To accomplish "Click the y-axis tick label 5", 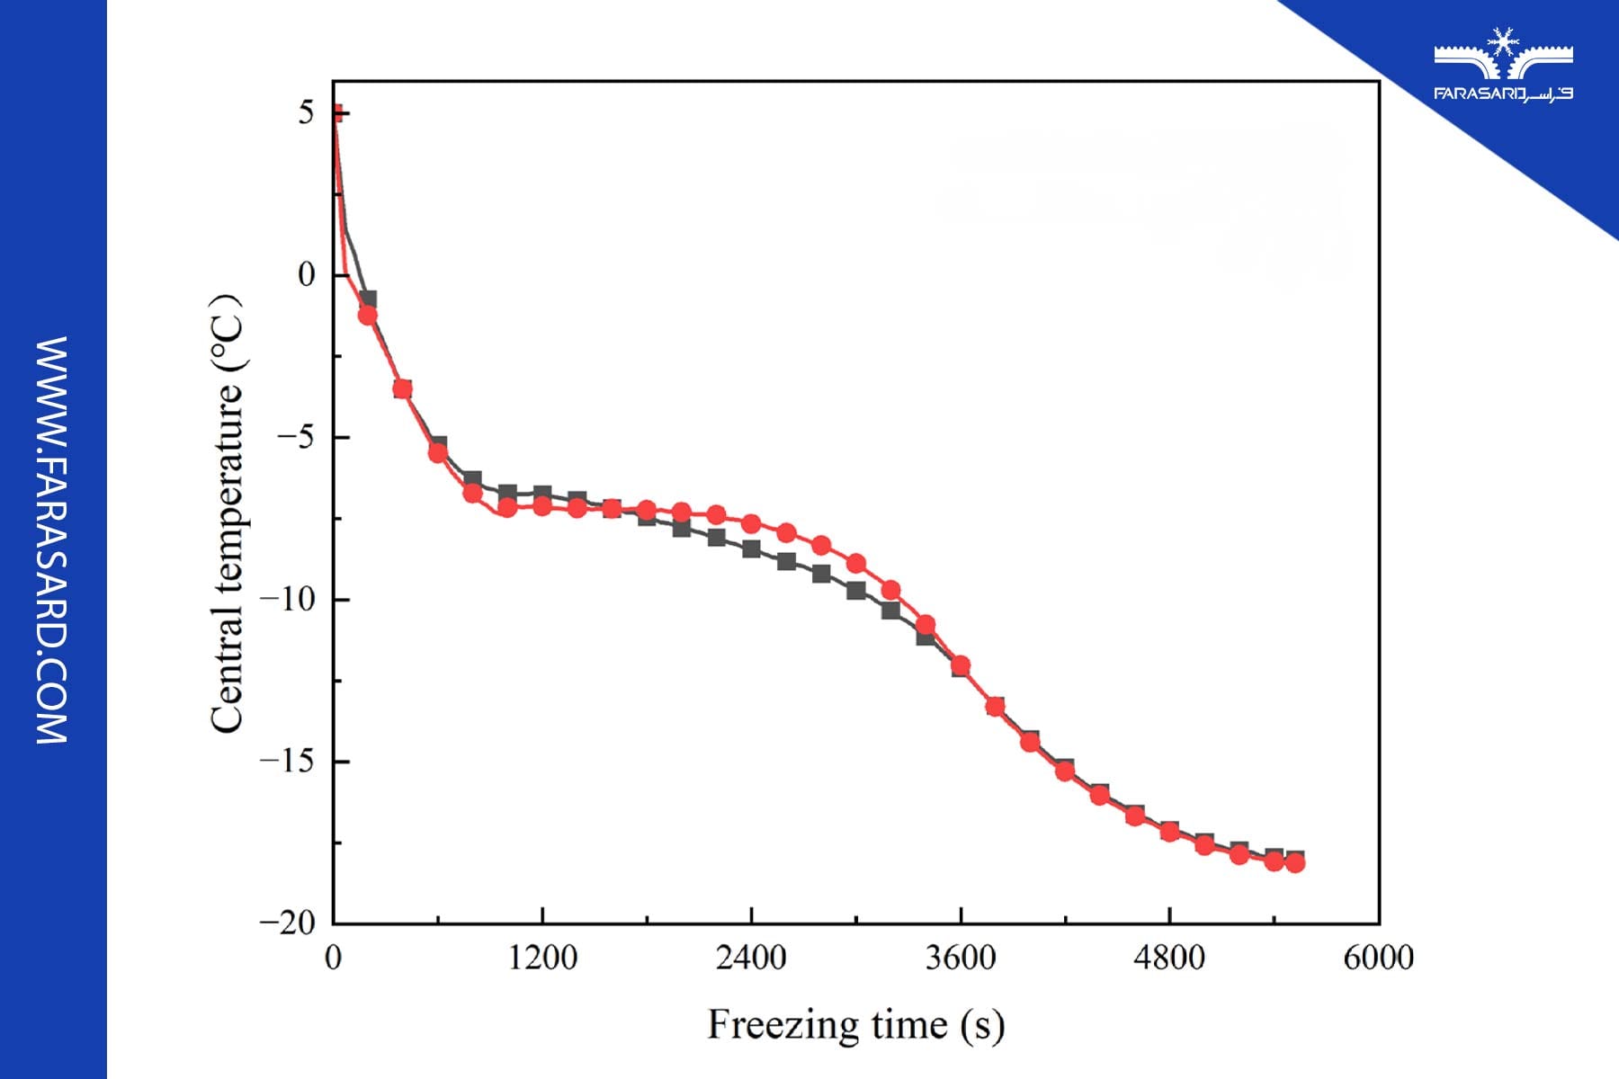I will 307,113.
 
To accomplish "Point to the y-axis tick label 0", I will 307,275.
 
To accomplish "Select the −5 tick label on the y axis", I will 296,438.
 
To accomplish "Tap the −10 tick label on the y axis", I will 288,600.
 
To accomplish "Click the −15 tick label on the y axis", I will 288,762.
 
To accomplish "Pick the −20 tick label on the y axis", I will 288,923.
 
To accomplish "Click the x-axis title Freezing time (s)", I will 855,1025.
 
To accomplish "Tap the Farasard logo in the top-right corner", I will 1503,65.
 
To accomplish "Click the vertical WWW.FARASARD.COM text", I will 52,539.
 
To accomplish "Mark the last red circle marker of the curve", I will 1294,863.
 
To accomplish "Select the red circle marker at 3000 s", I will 855,564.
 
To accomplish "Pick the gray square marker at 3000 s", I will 855,591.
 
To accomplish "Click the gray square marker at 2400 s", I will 751,548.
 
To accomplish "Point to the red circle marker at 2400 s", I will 751,523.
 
